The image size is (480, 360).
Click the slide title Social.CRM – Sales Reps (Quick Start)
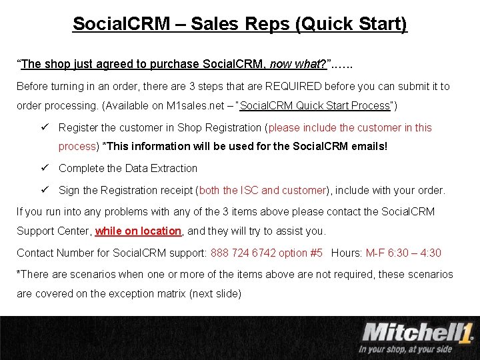[239, 25]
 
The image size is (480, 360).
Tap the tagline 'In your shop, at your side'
[405, 348]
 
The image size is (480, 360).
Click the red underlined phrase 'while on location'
[138, 231]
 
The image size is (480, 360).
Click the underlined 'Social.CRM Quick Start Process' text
[315, 106]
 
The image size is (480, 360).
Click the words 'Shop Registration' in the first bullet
[218, 127]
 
